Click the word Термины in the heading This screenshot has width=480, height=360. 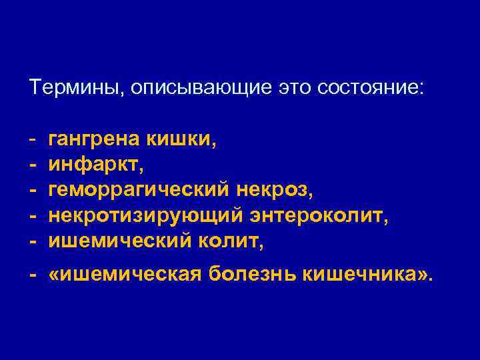pos(76,88)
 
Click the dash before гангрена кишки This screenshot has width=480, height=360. pos(32,140)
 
